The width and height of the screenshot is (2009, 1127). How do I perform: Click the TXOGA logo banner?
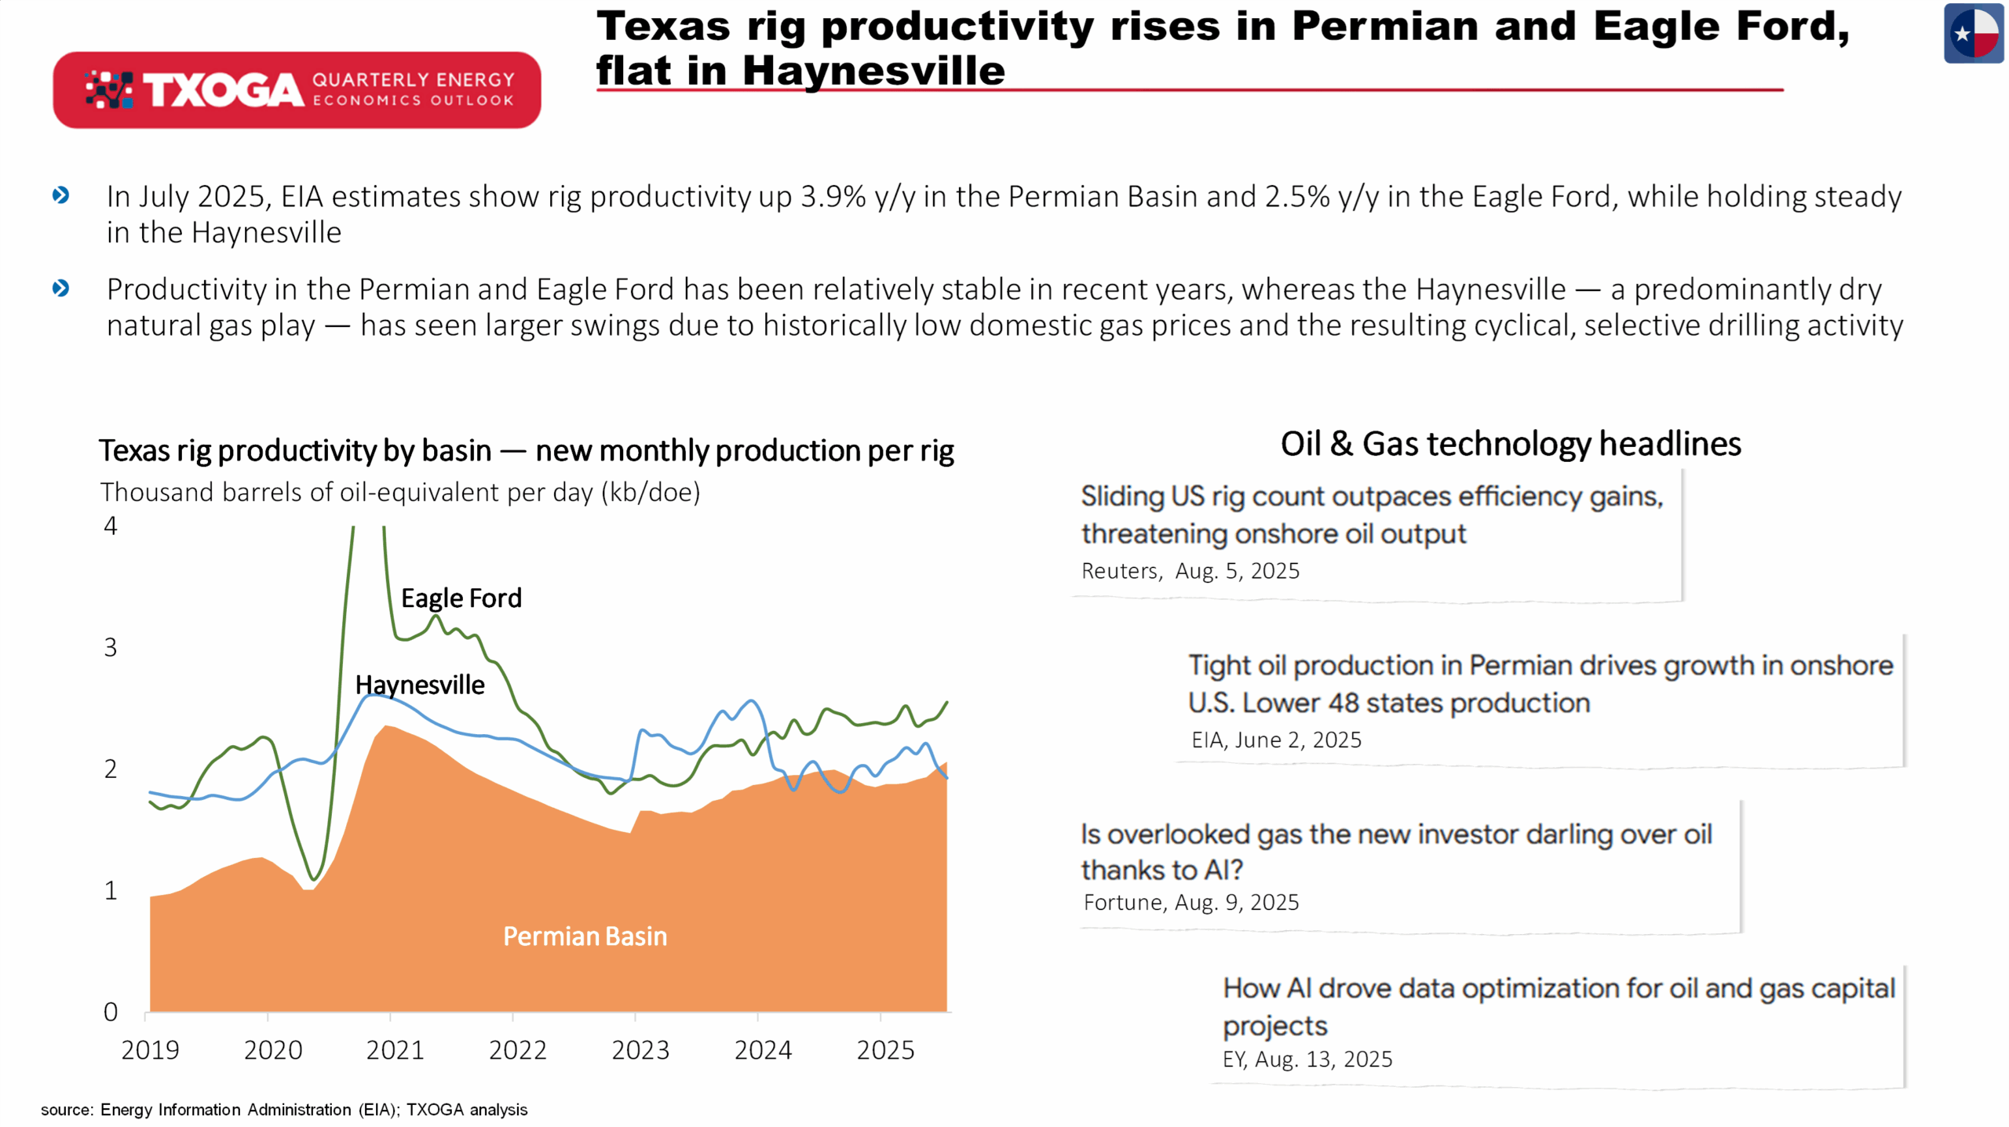[x=297, y=90]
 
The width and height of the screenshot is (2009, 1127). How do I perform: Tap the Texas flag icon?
[x=1974, y=33]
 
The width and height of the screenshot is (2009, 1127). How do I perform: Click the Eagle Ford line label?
[x=461, y=598]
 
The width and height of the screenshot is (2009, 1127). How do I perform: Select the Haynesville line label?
[x=420, y=685]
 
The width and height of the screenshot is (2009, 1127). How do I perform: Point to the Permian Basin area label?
[x=585, y=936]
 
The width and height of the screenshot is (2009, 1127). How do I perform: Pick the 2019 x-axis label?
[x=150, y=1050]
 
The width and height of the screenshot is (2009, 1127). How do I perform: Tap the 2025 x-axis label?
[x=885, y=1050]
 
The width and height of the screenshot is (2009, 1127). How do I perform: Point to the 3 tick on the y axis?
[x=111, y=648]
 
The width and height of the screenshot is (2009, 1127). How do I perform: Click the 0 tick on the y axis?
[x=111, y=1012]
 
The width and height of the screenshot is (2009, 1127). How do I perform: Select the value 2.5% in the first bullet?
[x=1297, y=197]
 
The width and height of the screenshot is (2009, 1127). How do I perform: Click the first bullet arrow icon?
[x=60, y=195]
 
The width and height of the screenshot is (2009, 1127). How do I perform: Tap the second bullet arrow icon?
[x=60, y=289]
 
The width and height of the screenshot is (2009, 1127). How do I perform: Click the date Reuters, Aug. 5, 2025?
[x=1190, y=571]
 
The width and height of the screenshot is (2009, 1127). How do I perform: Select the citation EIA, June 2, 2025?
[x=1276, y=740]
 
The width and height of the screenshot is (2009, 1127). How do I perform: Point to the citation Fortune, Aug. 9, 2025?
[x=1190, y=903]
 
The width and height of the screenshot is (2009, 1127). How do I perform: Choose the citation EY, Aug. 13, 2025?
[x=1307, y=1060]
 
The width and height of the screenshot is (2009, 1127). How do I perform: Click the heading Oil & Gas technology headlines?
[x=1511, y=444]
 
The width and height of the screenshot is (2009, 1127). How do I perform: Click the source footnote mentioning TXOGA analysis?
[x=284, y=1110]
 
